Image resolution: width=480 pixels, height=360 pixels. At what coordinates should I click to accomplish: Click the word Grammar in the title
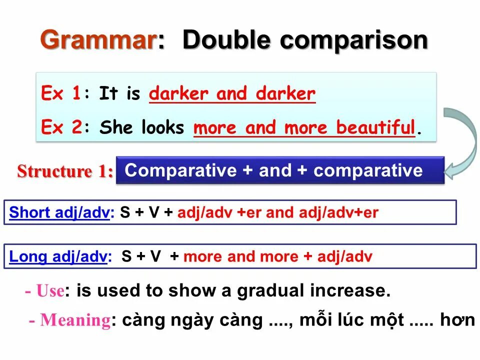pyautogui.click(x=97, y=40)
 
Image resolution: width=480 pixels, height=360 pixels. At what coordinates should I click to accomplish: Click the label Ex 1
pyautogui.click(x=60, y=93)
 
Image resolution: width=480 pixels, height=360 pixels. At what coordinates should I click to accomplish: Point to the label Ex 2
pyautogui.click(x=60, y=127)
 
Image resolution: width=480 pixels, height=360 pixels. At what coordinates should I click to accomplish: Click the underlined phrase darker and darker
pyautogui.click(x=232, y=93)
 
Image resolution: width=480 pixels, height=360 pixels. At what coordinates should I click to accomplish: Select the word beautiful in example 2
pyautogui.click(x=375, y=127)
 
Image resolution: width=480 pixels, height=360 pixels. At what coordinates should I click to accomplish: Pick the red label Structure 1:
pyautogui.click(x=65, y=171)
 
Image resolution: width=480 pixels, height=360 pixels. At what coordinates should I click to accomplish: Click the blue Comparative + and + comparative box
pyautogui.click(x=280, y=170)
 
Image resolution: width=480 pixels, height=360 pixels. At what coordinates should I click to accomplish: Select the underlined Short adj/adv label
pyautogui.click(x=59, y=213)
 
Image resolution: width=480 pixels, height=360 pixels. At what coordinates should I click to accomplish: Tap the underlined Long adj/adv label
pyautogui.click(x=58, y=257)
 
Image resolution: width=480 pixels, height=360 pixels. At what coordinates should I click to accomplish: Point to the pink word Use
pyautogui.click(x=50, y=290)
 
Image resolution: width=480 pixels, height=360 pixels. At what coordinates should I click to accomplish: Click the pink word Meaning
pyautogui.click(x=75, y=320)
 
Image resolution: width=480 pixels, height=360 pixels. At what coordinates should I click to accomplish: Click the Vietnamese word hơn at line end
pyautogui.click(x=457, y=320)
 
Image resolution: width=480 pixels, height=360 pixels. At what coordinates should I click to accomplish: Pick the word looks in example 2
pyautogui.click(x=162, y=127)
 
